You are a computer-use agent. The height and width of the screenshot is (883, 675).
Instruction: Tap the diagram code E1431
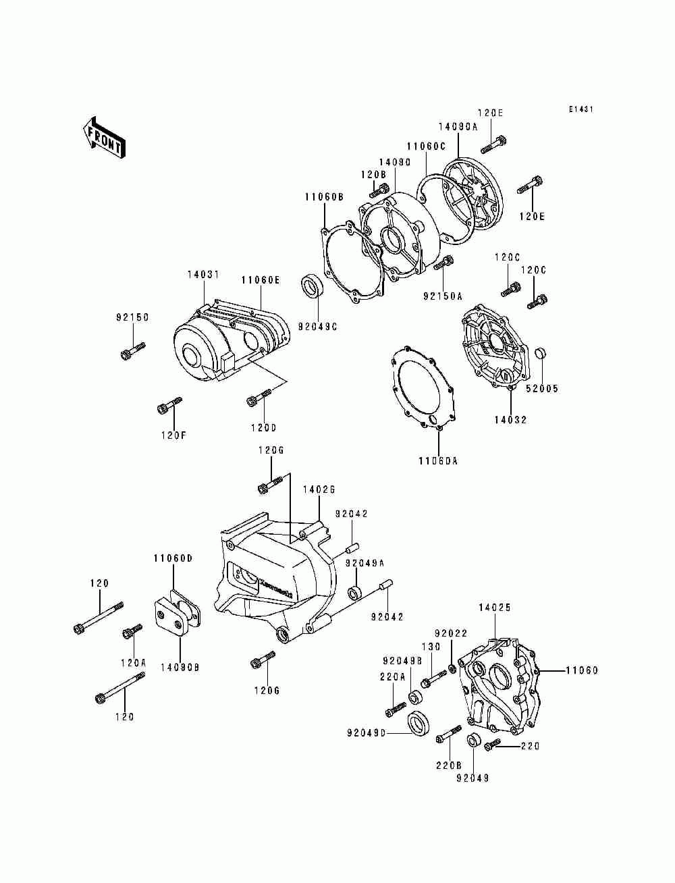tap(580, 109)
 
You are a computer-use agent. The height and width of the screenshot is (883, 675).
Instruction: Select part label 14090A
tap(458, 127)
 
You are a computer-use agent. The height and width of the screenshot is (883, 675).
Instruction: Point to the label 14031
tap(204, 275)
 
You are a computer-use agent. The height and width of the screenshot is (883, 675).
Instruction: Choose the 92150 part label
tap(133, 317)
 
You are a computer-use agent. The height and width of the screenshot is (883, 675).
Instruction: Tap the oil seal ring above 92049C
tap(313, 286)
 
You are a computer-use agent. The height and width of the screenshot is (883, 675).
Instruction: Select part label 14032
tap(510, 420)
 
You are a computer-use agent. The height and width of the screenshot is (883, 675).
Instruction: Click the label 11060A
tap(437, 461)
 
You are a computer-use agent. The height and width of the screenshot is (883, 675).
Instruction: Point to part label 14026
tap(319, 489)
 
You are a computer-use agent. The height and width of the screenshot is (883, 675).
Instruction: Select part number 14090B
tap(180, 667)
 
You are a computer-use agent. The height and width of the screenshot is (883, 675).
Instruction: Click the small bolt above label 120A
tap(132, 632)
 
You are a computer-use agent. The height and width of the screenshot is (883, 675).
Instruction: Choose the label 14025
tap(495, 608)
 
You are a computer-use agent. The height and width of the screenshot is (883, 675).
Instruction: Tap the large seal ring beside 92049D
tap(419, 724)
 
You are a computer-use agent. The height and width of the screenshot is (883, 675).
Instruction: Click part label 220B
tap(449, 765)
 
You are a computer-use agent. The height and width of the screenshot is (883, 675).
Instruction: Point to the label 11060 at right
tap(582, 670)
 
